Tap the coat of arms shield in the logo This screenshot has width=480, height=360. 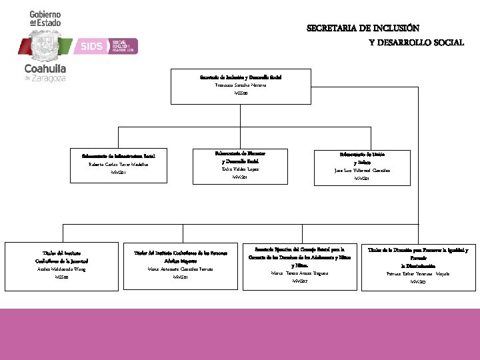45,45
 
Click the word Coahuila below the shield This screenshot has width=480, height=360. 45,69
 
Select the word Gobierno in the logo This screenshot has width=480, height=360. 45,14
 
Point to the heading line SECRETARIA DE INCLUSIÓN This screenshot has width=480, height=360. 363,28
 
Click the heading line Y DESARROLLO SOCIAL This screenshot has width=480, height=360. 417,42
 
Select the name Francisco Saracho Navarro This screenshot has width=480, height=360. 240,85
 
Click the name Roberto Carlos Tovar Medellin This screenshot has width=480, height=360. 119,164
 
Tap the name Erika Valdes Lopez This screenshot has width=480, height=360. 240,169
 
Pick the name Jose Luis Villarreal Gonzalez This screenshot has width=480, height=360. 362,170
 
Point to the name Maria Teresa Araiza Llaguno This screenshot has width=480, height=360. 299,273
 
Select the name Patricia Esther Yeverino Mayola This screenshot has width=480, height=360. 419,274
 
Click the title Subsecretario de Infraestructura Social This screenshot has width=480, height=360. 118,156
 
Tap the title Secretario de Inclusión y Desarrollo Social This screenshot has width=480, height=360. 240,77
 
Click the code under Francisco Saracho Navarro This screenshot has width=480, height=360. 240,94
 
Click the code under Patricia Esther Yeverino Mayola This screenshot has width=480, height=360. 419,282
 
